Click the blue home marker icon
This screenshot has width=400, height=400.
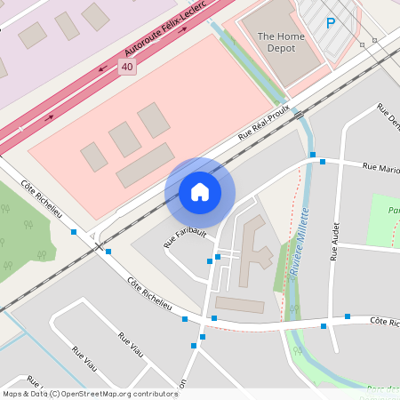[200, 192]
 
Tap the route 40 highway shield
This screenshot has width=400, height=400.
[127, 67]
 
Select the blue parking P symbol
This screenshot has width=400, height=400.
[331, 24]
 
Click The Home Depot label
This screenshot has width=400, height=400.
[279, 42]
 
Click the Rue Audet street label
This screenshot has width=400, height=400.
[335, 242]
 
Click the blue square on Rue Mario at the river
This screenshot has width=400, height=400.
[313, 155]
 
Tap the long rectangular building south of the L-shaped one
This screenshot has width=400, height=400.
[240, 305]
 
